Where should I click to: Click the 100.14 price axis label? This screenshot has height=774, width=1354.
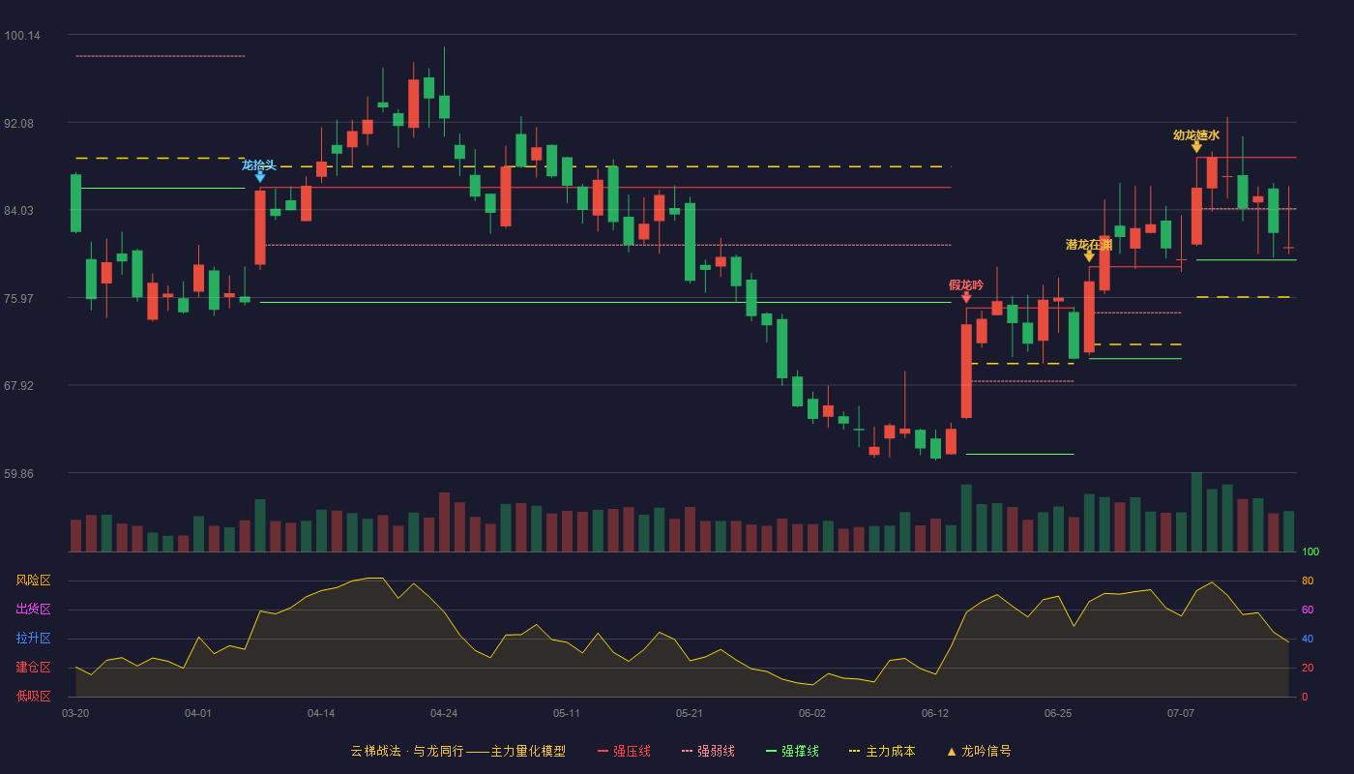point(22,36)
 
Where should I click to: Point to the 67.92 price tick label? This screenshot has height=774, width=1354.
point(18,386)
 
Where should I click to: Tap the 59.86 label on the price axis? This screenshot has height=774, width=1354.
point(18,473)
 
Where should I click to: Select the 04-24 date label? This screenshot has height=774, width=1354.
point(444,714)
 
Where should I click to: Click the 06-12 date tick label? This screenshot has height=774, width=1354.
point(935,714)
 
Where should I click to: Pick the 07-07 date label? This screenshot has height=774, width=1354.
point(1181,714)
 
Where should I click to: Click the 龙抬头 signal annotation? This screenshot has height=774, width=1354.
point(259,165)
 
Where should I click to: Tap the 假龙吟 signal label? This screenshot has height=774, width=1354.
point(966,284)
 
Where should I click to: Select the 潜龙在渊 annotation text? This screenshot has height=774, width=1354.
point(1089,244)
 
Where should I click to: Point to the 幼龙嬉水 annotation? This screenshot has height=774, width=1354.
point(1196,134)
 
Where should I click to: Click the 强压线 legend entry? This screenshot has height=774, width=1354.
point(625,751)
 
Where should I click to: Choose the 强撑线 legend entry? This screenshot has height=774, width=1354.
point(792,751)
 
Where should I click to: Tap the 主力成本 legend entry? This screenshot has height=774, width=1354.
point(882,751)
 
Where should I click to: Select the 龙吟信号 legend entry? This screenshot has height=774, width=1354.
point(979,751)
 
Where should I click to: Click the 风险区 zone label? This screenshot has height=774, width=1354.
point(33,580)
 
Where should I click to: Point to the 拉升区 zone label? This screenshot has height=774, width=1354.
point(33,638)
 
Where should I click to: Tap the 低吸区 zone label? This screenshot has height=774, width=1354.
point(33,696)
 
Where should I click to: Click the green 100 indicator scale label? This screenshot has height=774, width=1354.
point(1310,551)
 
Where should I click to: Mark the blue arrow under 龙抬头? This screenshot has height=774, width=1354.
point(260,176)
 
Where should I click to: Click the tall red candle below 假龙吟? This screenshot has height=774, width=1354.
point(966,371)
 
